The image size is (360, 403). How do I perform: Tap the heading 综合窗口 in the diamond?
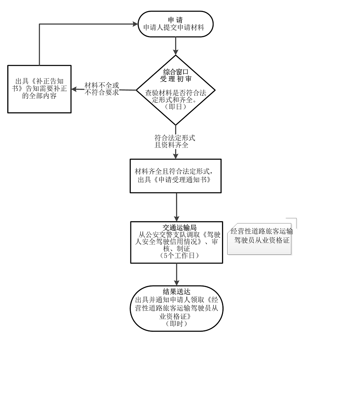pyautogui.click(x=176, y=72)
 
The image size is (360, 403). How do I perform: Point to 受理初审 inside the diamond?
pyautogui.click(x=176, y=79)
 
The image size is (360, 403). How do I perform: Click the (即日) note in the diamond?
pyautogui.click(x=176, y=107)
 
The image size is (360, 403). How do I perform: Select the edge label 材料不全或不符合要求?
pyautogui.click(x=102, y=89)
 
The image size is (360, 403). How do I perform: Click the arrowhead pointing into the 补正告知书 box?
pyautogui.click(x=74, y=89)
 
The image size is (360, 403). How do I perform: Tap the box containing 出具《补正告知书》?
pyautogui.click(x=40, y=89)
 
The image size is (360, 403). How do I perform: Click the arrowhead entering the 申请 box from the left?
pyautogui.click(x=135, y=24)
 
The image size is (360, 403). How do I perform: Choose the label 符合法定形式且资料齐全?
pyautogui.click(x=175, y=141)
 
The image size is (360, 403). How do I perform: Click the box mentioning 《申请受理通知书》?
pyautogui.click(x=176, y=176)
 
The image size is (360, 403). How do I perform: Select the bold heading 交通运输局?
pyautogui.click(x=176, y=227)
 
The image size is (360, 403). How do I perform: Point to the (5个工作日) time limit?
pyautogui.click(x=176, y=255)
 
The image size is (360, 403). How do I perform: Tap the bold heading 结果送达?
pyautogui.click(x=176, y=291)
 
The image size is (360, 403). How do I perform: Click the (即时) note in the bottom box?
pyautogui.click(x=176, y=324)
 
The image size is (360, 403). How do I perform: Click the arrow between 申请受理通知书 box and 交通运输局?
pyautogui.click(x=176, y=207)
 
